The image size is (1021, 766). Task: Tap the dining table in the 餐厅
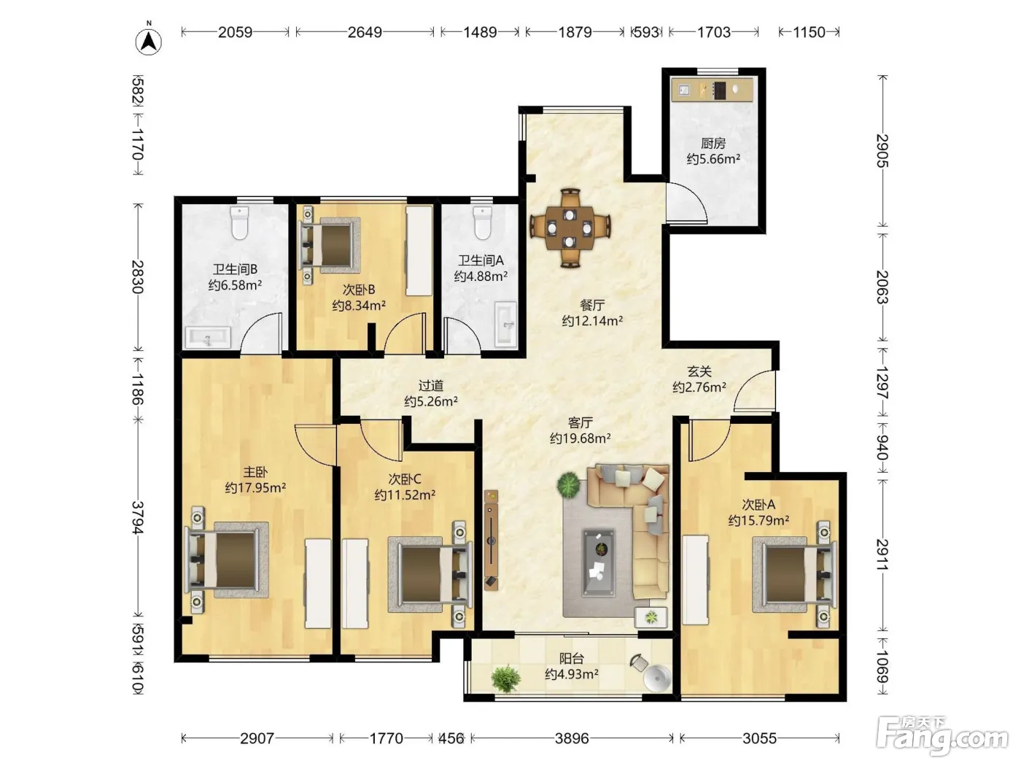[570, 228]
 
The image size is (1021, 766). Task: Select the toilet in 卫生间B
[239, 223]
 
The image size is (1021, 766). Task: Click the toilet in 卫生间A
[482, 223]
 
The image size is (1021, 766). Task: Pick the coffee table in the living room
[599, 562]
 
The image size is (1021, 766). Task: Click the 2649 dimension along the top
[365, 32]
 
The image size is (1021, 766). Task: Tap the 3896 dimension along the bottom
[572, 738]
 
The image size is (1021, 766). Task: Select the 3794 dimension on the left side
[138, 517]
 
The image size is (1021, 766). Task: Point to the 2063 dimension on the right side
[882, 287]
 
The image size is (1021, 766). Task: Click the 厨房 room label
[713, 143]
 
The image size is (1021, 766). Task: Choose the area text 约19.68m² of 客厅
[580, 438]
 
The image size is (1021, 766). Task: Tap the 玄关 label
[699, 371]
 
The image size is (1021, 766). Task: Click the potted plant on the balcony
[505, 678]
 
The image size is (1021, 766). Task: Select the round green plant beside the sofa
[568, 484]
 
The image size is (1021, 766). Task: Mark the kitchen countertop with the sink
[712, 89]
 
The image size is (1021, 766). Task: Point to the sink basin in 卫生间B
[208, 338]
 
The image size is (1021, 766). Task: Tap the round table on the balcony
[657, 679]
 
